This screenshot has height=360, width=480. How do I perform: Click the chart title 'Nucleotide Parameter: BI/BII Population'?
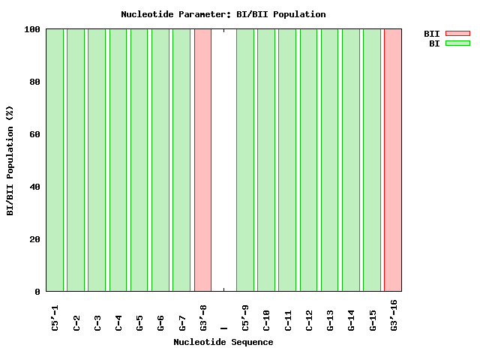223,14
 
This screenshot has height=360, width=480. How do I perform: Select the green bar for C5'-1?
55,160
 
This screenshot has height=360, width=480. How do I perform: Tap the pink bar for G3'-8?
202,160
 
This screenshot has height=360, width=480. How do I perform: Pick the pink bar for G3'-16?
393,160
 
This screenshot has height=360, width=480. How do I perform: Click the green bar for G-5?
139,160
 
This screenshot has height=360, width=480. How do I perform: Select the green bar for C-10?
266,160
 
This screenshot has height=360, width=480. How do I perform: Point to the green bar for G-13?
329,160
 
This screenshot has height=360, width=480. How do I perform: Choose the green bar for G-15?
372,160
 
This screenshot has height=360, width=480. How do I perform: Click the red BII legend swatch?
457,34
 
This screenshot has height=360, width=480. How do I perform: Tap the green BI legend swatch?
457,43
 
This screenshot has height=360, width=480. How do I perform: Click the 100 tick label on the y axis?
32,29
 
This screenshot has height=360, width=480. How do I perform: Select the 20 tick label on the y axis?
35,239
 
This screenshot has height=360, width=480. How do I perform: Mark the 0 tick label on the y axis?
37,292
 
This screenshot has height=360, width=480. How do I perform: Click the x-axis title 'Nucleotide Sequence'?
223,343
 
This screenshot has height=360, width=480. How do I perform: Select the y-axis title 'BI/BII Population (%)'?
10,160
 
